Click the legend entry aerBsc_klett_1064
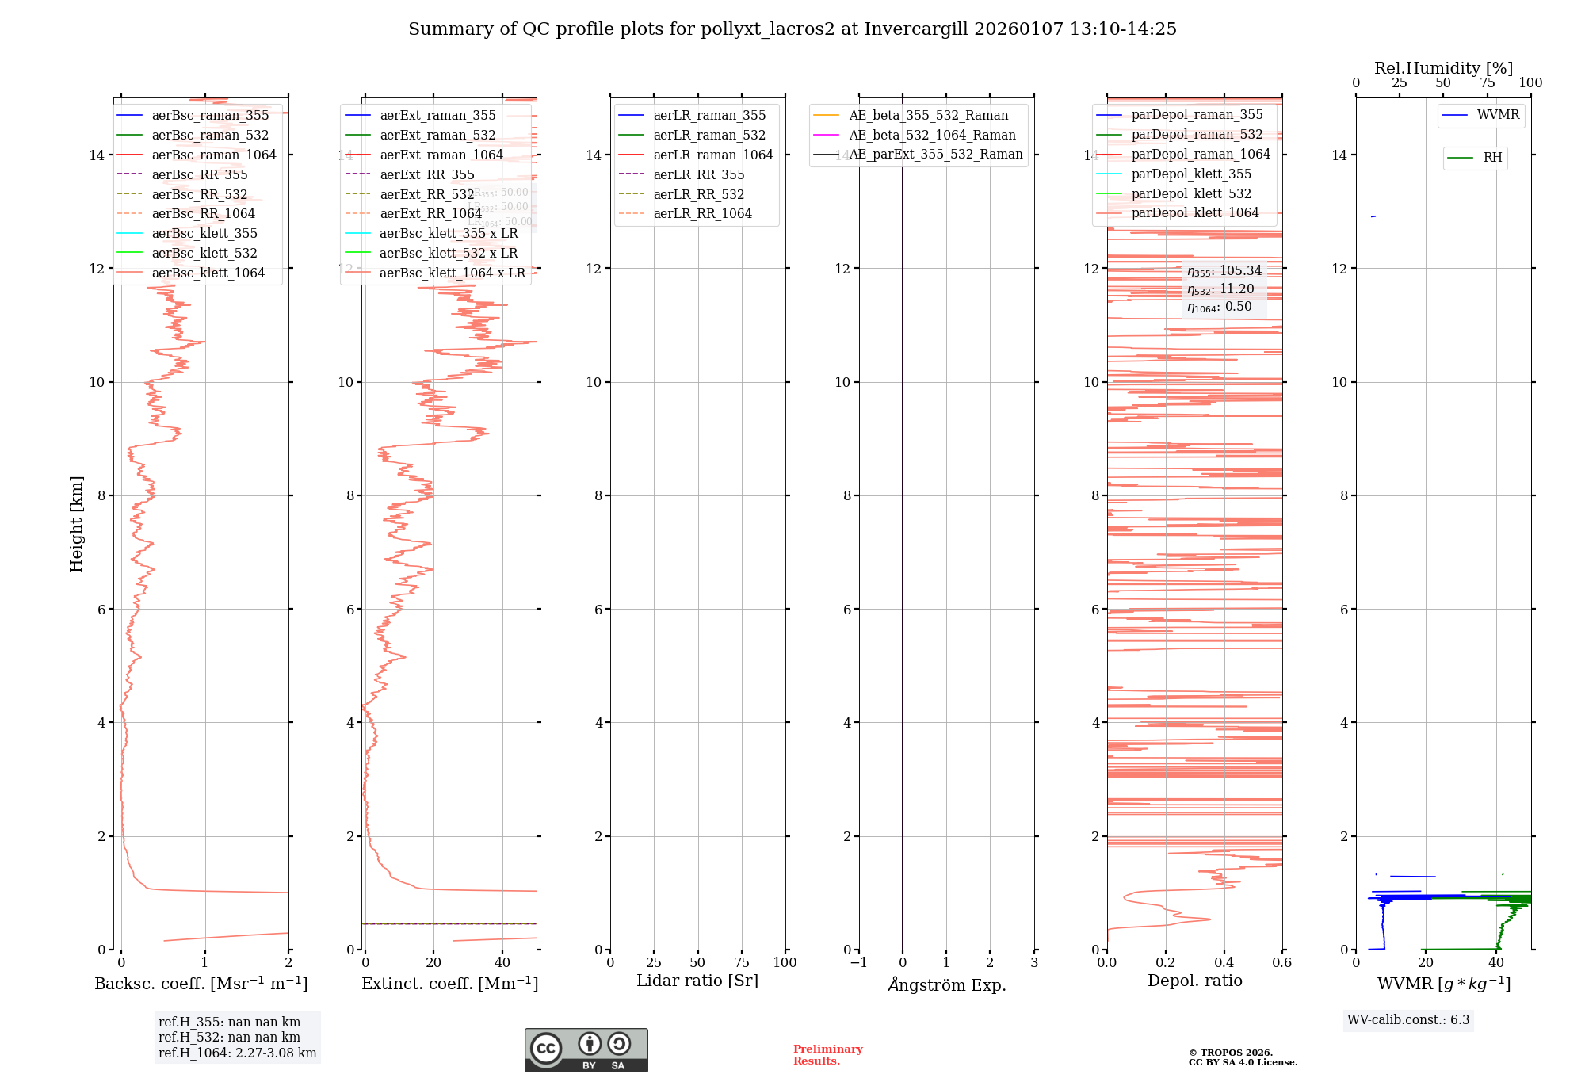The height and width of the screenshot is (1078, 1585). [208, 273]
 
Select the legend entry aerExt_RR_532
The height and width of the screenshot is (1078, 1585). [426, 194]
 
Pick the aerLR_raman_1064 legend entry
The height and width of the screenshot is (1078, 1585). [712, 155]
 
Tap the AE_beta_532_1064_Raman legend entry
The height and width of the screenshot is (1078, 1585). [932, 135]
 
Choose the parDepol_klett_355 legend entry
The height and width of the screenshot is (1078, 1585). [1191, 174]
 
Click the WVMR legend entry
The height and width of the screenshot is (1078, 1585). [1498, 115]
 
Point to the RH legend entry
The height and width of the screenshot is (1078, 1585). [1492, 158]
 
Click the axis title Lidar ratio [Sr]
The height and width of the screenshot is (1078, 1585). [697, 981]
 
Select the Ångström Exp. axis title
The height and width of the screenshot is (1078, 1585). [946, 985]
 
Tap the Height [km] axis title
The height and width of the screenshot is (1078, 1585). [76, 524]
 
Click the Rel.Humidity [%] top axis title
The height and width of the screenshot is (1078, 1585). [1443, 68]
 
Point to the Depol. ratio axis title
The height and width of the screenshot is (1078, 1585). [1194, 981]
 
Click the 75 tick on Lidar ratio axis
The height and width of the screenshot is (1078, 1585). [742, 963]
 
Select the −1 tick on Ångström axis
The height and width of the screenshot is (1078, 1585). [858, 963]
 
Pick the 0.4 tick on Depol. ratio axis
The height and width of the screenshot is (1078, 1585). [1224, 963]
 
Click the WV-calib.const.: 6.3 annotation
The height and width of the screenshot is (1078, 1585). [1408, 1020]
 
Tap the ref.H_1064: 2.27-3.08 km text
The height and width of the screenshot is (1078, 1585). [237, 1053]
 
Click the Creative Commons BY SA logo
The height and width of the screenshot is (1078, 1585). [586, 1050]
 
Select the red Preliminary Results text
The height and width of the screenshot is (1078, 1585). [827, 1055]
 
